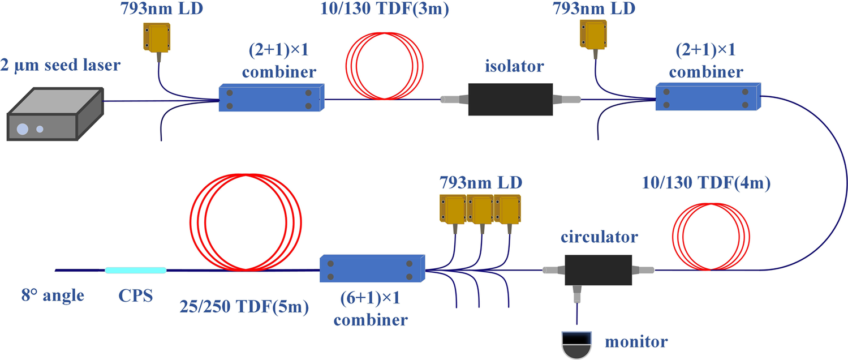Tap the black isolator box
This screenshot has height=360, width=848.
point(510,100)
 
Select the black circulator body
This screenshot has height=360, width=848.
point(599,270)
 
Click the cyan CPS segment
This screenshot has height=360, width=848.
point(136,270)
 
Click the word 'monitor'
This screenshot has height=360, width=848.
point(636,341)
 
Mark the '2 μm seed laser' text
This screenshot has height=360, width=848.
point(61,66)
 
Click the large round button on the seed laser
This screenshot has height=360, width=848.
point(22,129)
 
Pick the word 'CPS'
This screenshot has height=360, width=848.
point(136,295)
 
